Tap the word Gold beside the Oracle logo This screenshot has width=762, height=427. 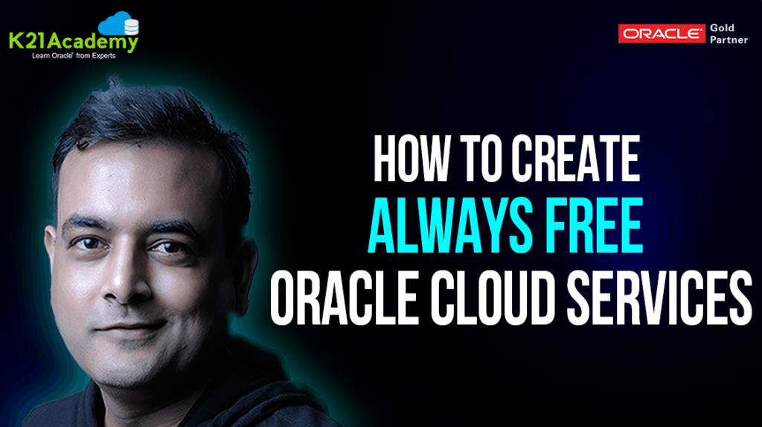point(723,28)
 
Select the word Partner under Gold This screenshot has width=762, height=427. point(729,40)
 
